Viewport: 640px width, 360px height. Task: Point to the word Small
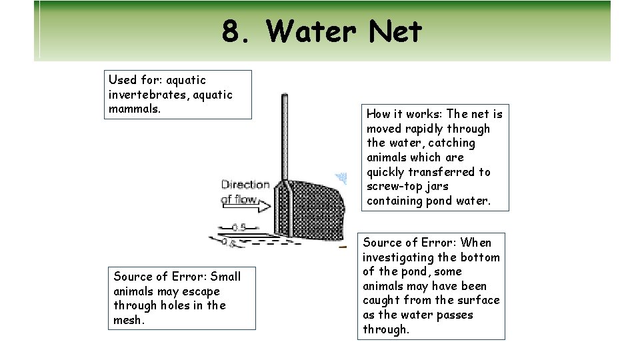coord(225,277)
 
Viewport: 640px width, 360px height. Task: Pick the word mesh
coord(129,320)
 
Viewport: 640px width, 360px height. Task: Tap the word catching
coord(452,143)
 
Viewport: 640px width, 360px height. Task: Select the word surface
coord(477,300)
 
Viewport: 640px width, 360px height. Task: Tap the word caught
coord(385,300)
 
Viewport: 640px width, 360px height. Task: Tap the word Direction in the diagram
coord(245,185)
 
